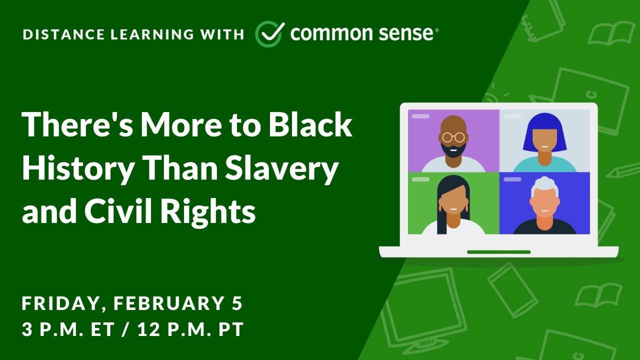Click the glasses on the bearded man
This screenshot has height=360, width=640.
click(x=453, y=136)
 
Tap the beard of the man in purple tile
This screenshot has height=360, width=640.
click(x=453, y=149)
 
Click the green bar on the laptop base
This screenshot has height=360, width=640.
click(x=498, y=252)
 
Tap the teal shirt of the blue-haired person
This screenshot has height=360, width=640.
click(x=544, y=165)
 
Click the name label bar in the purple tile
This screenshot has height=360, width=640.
click(x=420, y=116)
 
